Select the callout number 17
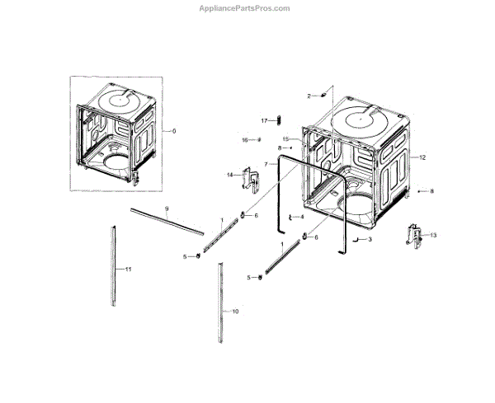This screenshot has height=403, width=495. (265, 121)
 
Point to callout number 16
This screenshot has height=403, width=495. (244, 140)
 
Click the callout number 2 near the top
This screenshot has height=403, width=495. (309, 96)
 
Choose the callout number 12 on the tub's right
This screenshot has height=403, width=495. (422, 157)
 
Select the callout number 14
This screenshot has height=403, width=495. (230, 175)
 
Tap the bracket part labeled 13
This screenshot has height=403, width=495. (413, 236)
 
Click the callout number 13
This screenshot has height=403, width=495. (433, 236)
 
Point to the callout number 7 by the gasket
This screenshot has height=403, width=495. (266, 164)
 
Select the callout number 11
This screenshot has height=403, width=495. (128, 269)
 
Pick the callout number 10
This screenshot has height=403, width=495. (235, 312)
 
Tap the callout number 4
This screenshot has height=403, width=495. (302, 217)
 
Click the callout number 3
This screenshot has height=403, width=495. (370, 239)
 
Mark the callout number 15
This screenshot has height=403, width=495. (285, 138)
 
